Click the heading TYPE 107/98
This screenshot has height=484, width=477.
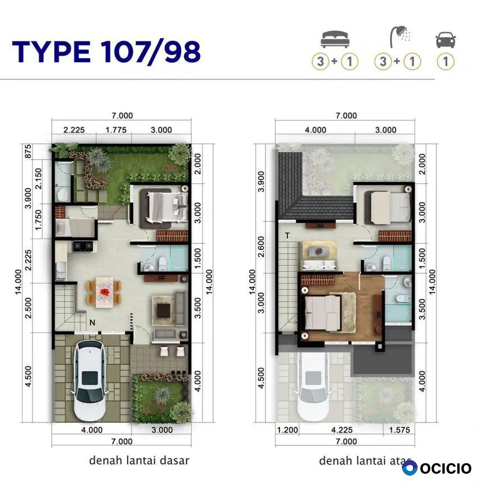[107, 52]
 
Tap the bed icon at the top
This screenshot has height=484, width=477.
[335, 40]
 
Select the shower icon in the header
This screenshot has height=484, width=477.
[400, 38]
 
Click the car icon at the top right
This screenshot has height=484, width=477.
[446, 40]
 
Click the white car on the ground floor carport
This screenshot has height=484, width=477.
[90, 380]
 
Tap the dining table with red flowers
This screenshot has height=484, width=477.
[105, 292]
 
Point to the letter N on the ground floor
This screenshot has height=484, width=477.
[92, 323]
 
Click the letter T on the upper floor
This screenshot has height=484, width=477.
[287, 236]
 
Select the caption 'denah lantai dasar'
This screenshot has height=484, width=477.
[139, 460]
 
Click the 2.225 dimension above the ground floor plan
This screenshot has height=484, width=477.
[74, 130]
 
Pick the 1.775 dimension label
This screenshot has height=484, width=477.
[116, 130]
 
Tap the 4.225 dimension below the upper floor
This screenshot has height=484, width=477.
[342, 430]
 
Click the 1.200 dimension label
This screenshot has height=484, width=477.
[287, 430]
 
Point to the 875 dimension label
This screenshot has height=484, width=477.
[28, 151]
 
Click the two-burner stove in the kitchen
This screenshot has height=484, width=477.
[82, 246]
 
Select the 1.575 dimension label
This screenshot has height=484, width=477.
[400, 430]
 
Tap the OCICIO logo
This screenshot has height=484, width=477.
[437, 468]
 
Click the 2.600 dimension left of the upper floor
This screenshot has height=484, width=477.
[261, 246]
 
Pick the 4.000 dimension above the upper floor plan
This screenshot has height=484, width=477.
[315, 130]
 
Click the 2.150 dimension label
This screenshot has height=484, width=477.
[38, 178]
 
